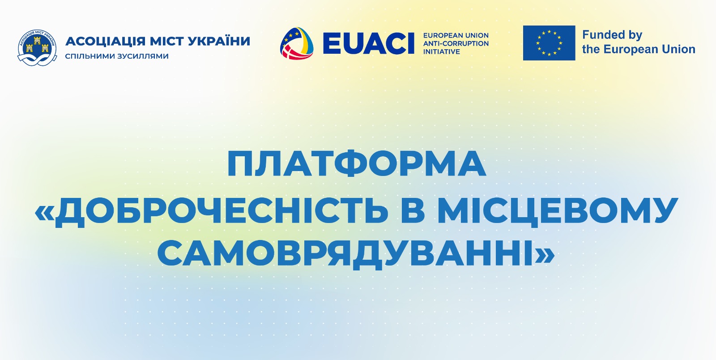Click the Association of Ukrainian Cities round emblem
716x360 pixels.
tap(37, 47)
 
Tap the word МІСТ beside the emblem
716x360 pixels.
tap(166, 42)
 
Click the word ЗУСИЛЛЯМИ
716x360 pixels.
tap(143, 56)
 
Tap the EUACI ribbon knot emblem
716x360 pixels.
tap(297, 43)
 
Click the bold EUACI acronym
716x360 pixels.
tap(369, 43)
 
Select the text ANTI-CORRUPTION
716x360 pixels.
tap(456, 43)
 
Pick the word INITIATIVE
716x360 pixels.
tap(441, 52)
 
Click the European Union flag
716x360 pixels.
tap(549, 43)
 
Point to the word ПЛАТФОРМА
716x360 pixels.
tap(356, 164)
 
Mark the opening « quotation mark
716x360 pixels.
tap(44, 212)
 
